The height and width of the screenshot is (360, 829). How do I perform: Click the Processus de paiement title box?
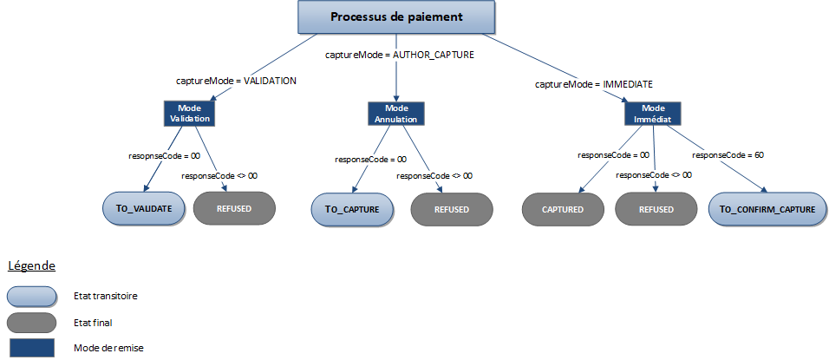[396, 17]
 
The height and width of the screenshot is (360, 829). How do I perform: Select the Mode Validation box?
[189, 113]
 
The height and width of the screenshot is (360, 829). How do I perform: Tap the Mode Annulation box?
[395, 113]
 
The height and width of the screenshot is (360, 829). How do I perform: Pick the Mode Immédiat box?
[653, 113]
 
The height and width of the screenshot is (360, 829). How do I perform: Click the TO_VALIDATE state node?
[143, 208]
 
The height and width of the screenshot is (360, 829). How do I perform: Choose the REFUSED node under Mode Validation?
[234, 208]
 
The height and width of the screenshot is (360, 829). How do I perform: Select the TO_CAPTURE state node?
[352, 209]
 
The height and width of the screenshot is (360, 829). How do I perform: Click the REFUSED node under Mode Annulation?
[451, 209]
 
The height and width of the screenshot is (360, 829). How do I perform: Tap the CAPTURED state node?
[562, 209]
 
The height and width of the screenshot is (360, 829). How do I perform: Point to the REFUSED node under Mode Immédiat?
[656, 209]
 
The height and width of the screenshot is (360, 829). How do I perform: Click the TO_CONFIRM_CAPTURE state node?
[767, 209]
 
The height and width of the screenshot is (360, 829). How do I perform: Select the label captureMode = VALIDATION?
[236, 81]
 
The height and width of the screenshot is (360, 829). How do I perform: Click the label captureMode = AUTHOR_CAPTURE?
[399, 55]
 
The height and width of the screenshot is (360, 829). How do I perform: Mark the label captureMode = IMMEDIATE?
[593, 84]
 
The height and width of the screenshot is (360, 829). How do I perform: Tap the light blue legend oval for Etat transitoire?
[31, 296]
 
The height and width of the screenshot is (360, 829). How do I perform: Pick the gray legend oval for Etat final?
[31, 322]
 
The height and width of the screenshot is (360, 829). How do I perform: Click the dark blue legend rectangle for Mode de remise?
[31, 347]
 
